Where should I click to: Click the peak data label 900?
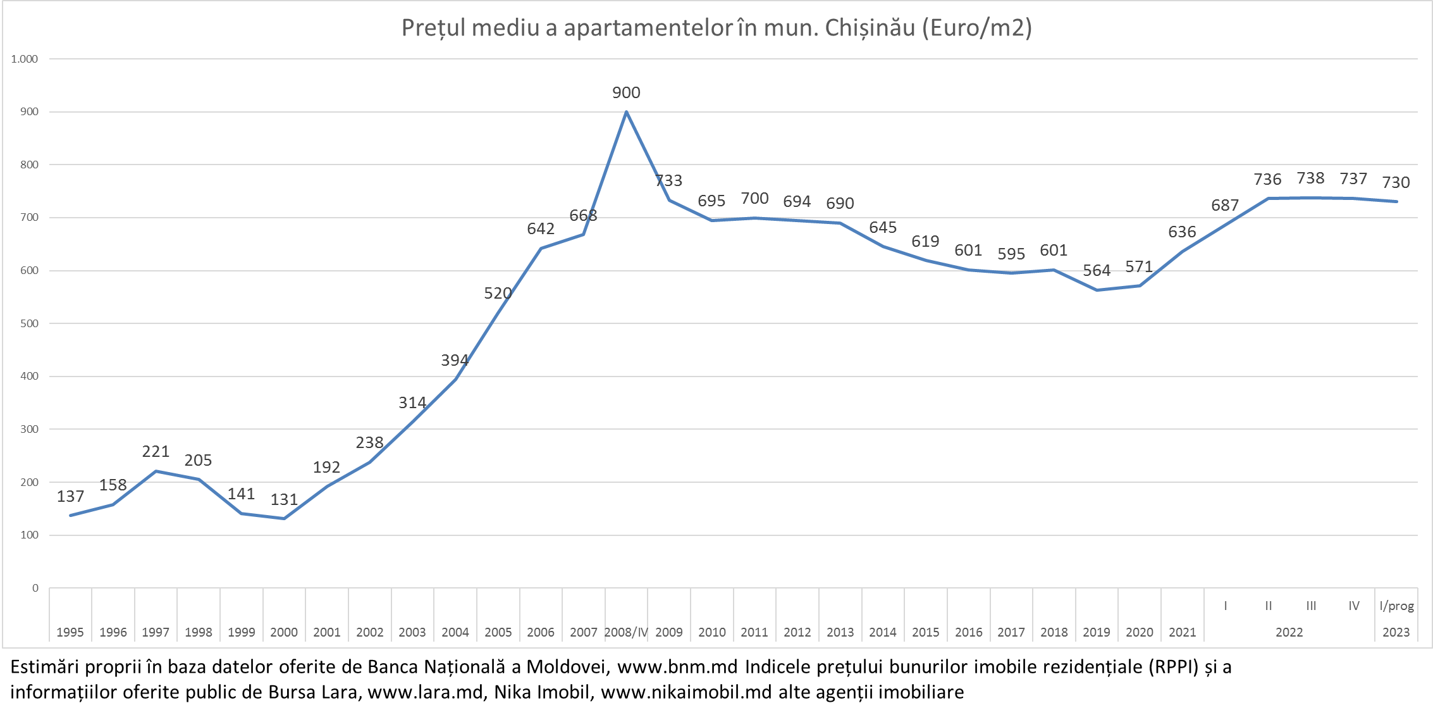tap(626, 93)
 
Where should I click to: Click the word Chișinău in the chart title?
tap(870, 28)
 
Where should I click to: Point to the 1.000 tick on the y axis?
tap(25, 59)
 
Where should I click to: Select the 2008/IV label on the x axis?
tap(626, 632)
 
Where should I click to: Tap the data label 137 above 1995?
tap(70, 497)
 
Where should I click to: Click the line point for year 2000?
tap(284, 519)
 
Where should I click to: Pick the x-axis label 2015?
tap(926, 632)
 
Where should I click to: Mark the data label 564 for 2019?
tap(1097, 271)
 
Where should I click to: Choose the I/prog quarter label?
tap(1396, 606)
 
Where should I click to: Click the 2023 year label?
tap(1396, 632)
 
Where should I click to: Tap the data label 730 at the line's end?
tap(1396, 183)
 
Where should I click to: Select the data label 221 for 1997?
tap(156, 452)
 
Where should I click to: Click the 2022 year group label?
tap(1289, 632)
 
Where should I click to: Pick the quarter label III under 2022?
tap(1311, 606)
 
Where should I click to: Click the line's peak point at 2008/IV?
tap(626, 112)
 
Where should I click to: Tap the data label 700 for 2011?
tap(754, 199)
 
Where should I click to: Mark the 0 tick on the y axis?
tap(35, 588)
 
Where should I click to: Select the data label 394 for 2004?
tap(455, 361)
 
